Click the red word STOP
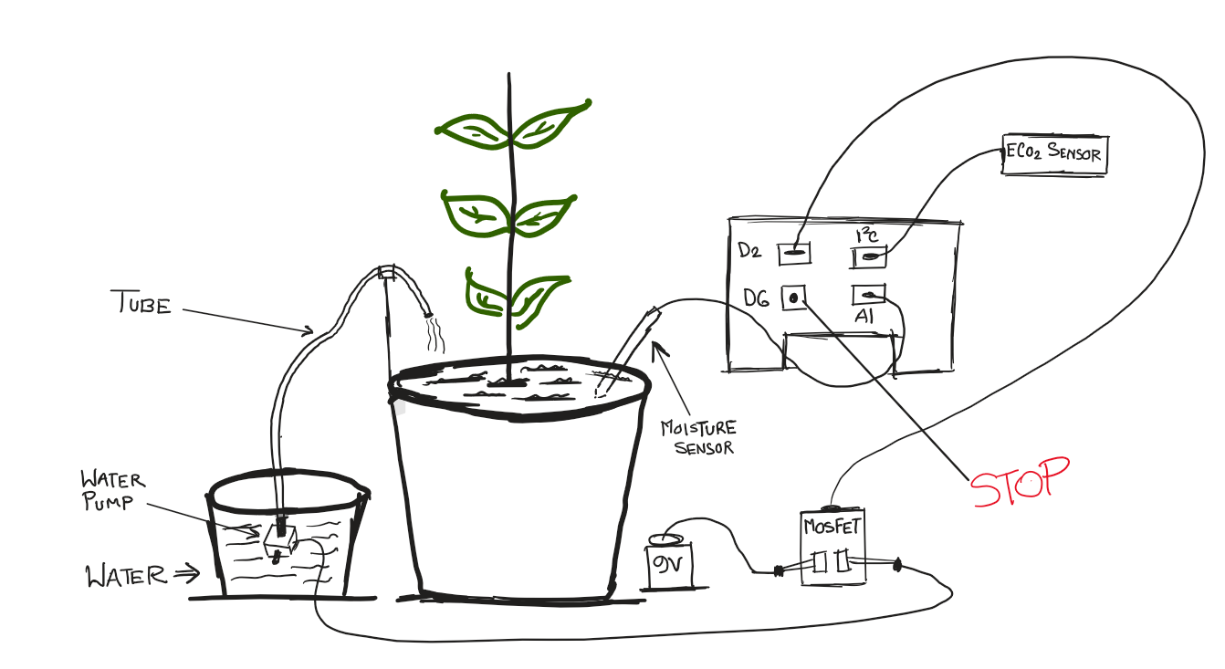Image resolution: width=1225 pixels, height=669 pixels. tap(1019, 482)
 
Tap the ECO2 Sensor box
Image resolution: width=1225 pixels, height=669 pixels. tap(1052, 153)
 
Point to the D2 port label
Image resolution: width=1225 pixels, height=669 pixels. tap(749, 251)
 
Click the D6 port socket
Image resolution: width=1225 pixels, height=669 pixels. tap(794, 297)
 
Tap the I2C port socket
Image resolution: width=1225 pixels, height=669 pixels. tap(869, 257)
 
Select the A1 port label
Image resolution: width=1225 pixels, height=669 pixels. tap(865, 316)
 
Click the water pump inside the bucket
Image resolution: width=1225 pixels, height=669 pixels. tap(279, 539)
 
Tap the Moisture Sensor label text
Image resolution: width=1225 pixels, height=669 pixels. tap(699, 437)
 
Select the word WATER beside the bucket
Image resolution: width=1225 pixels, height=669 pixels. tap(126, 576)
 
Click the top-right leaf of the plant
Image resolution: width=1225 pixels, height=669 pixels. tap(550, 125)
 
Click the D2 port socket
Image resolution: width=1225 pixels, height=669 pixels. tap(795, 253)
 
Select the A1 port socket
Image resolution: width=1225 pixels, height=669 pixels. tap(868, 295)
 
